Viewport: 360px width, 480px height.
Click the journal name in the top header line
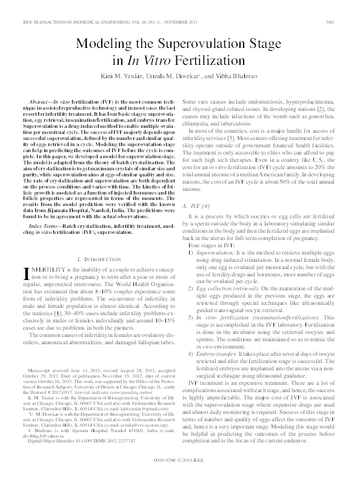pyautogui.click(x=73, y=5)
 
